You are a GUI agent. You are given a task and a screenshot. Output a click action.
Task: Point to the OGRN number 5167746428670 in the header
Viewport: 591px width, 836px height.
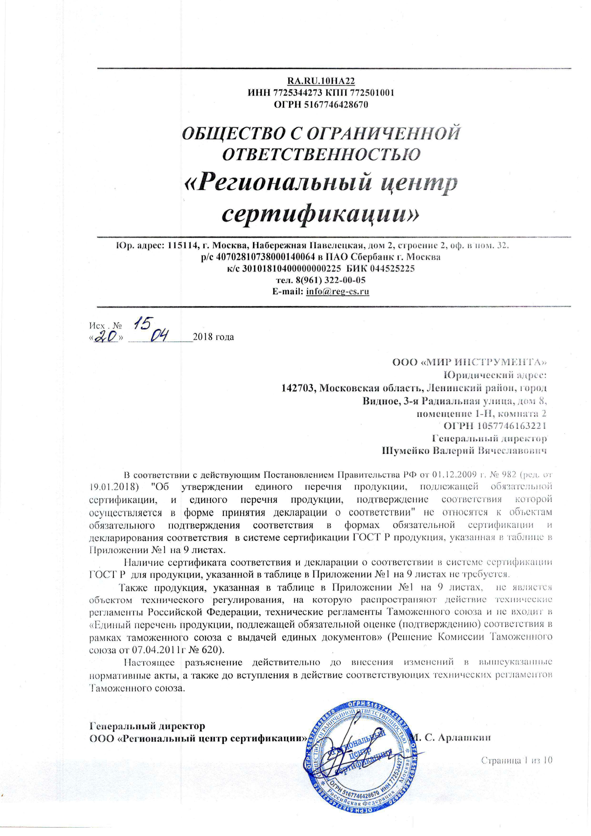(x=332, y=105)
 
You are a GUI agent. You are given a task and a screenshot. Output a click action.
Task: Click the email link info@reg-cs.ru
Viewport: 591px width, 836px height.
(x=338, y=292)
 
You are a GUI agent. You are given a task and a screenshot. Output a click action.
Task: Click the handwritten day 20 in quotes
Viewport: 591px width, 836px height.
(x=108, y=338)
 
